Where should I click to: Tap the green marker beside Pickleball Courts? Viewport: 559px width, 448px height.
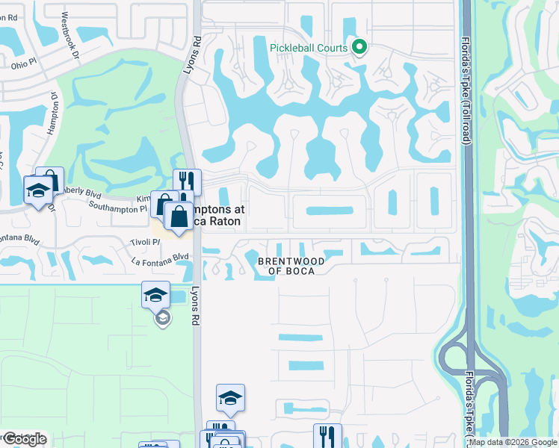pyautogui.click(x=359, y=48)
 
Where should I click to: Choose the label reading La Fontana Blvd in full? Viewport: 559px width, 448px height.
pyautogui.click(x=160, y=257)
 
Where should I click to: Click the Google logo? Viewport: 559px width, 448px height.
pyautogui.click(x=25, y=439)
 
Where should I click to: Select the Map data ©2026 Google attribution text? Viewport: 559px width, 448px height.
pyautogui.click(x=513, y=442)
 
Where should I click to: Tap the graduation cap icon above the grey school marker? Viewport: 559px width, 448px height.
pyautogui.click(x=156, y=294)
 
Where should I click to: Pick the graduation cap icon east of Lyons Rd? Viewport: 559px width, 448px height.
pyautogui.click(x=231, y=397)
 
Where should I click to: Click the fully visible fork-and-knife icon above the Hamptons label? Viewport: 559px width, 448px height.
pyautogui.click(x=188, y=181)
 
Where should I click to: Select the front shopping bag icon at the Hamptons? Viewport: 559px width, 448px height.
pyautogui.click(x=178, y=217)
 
